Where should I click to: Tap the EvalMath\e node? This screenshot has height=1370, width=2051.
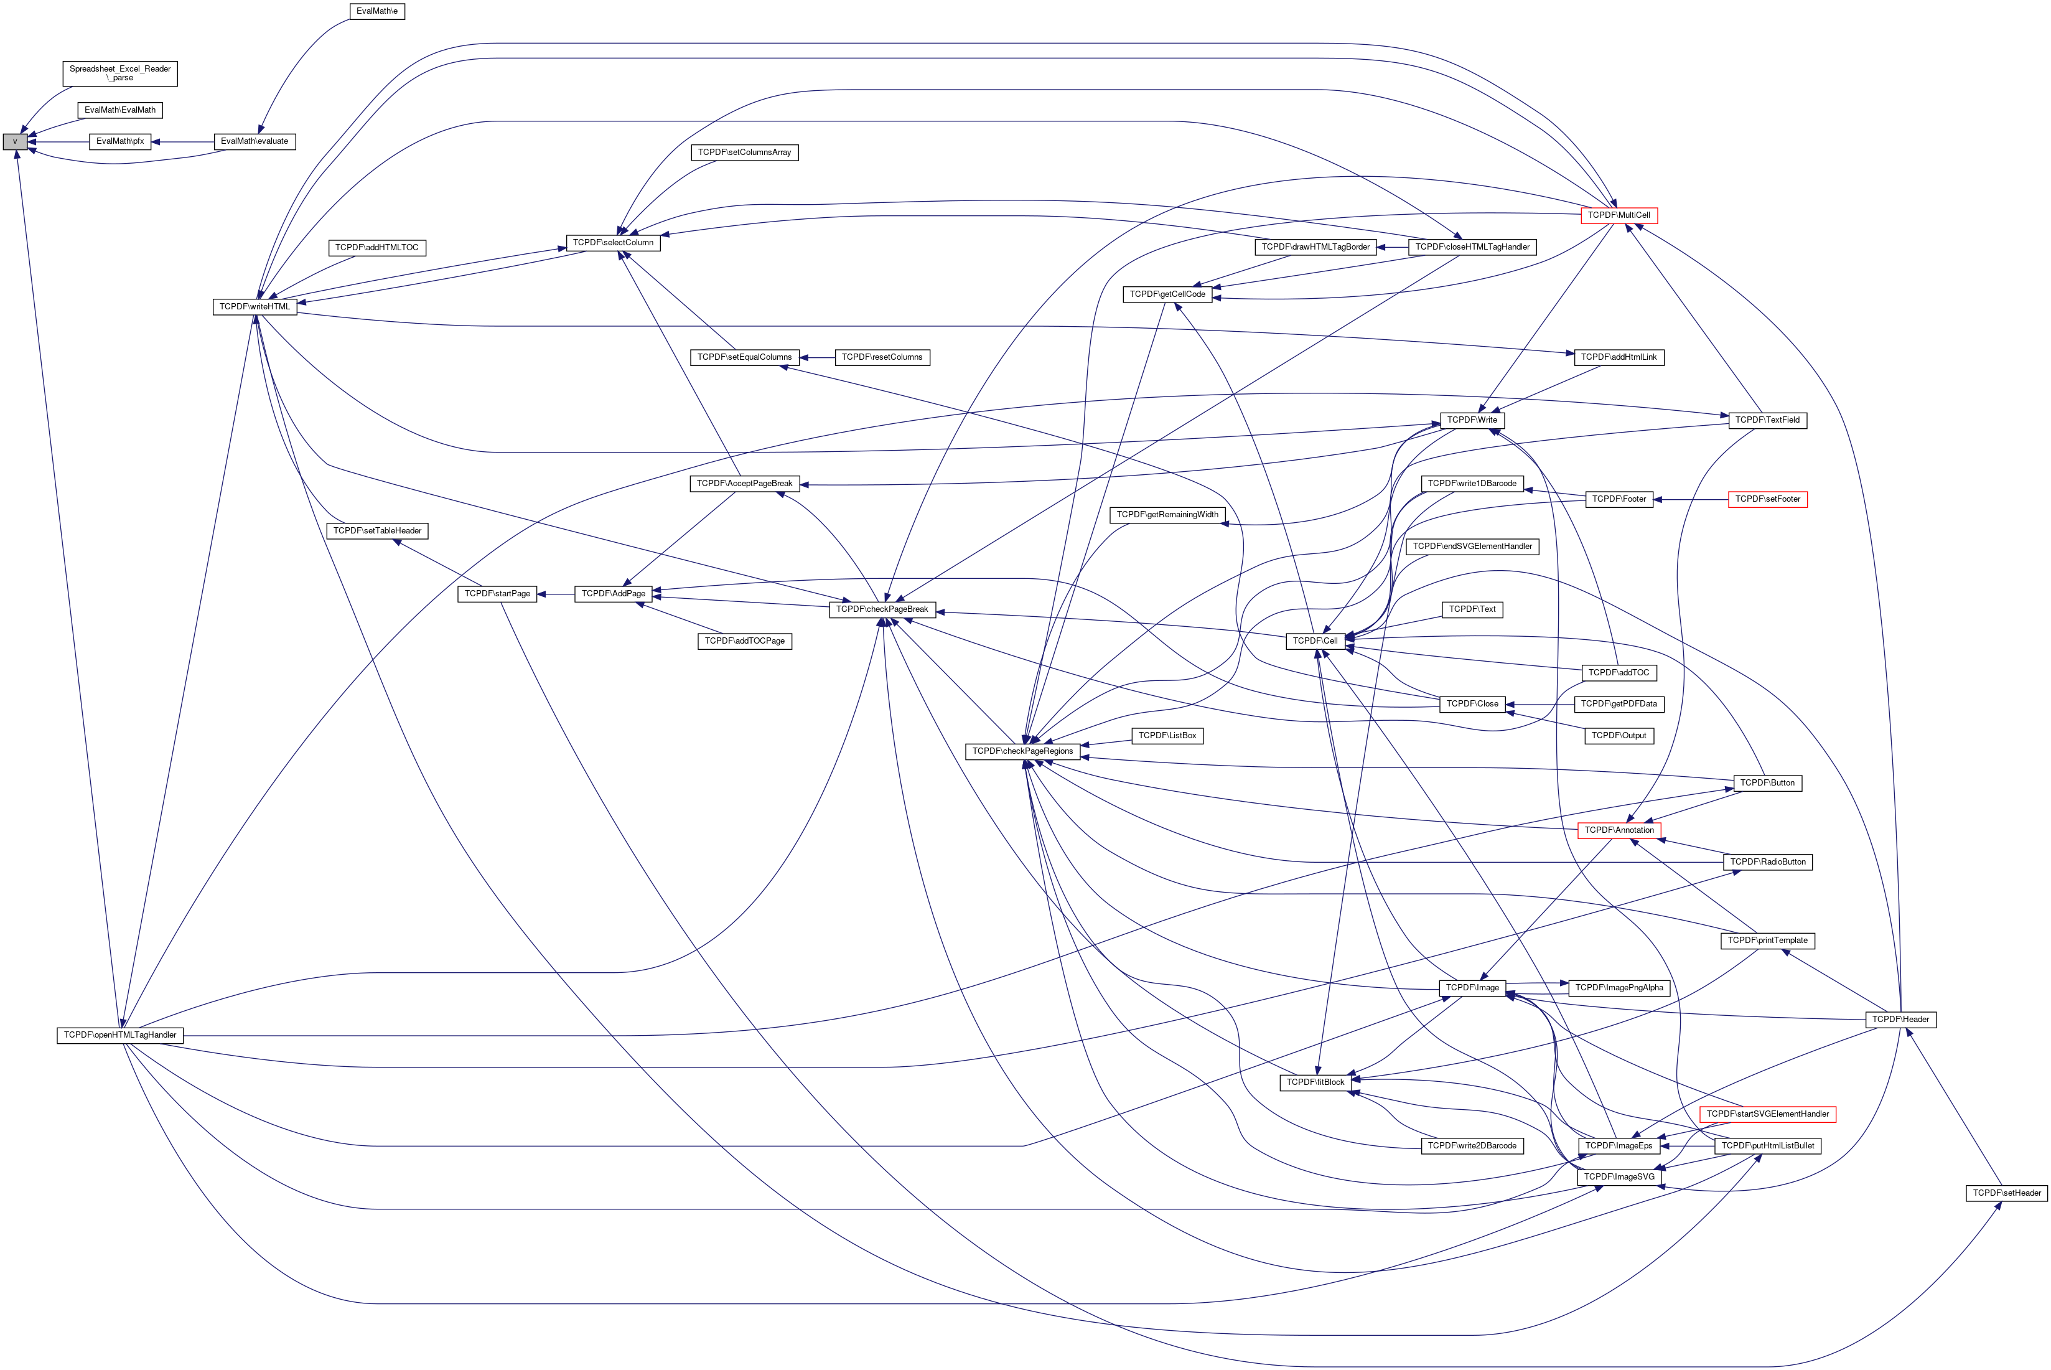point(377,11)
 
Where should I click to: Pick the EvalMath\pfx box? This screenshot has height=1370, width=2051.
point(119,141)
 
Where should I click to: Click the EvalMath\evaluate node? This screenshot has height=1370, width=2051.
point(254,141)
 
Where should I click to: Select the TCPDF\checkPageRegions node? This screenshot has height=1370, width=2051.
point(1022,751)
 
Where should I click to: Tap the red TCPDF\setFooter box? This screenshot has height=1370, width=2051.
point(1767,500)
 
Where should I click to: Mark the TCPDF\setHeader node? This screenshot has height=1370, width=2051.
point(2006,1193)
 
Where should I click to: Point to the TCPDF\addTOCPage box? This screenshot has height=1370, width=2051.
point(744,641)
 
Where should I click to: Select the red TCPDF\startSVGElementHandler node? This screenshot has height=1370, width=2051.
point(1767,1115)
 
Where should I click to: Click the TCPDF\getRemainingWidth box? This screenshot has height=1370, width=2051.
point(1167,515)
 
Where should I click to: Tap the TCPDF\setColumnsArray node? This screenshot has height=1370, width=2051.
point(744,153)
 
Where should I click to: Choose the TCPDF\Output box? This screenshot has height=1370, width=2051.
point(1618,736)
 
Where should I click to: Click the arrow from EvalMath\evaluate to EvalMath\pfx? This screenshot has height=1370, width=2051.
point(182,141)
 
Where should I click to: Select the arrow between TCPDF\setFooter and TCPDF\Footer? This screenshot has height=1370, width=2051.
point(1690,500)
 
